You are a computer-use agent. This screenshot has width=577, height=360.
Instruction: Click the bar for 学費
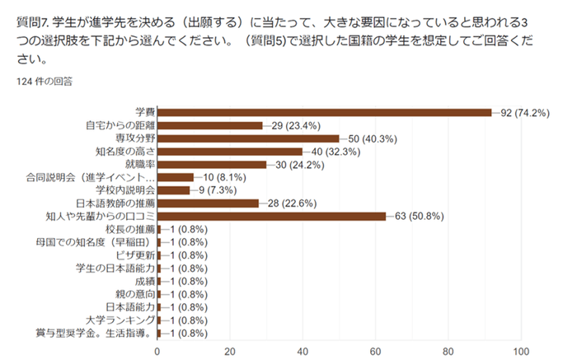(x=324, y=112)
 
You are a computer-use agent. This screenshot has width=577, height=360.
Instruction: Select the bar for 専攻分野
(x=247, y=138)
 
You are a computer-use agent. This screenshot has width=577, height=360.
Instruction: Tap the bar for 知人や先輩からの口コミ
(x=271, y=216)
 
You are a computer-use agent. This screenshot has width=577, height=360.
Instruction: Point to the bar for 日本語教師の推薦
(x=208, y=203)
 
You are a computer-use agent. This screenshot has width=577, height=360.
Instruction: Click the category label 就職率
(x=138, y=164)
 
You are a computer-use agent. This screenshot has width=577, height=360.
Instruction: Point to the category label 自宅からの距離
(x=120, y=125)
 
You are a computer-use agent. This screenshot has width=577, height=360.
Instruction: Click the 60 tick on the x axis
(x=376, y=349)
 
